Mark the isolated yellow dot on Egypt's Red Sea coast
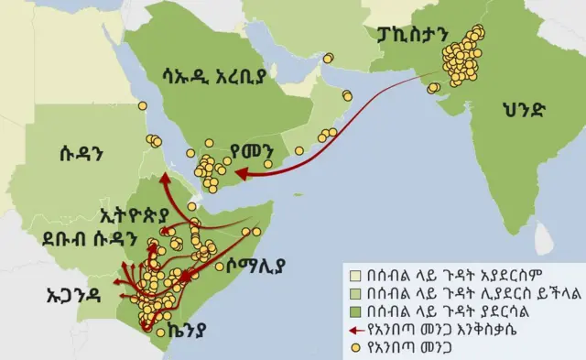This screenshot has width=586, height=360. click(142, 106)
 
